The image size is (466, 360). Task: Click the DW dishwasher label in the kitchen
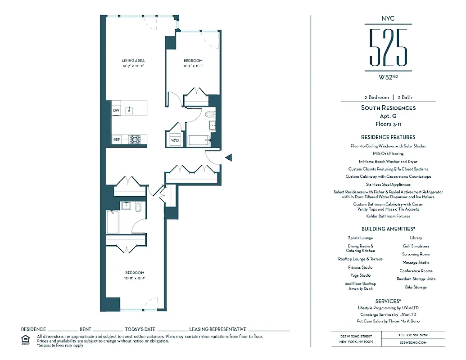pyautogui.click(x=116, y=110)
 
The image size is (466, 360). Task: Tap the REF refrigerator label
pyautogui.click(x=117, y=139)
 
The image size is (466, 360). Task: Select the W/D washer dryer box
pyautogui.click(x=174, y=140)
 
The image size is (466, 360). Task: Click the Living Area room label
pyautogui.click(x=133, y=60)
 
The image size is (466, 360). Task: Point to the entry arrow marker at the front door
pyautogui.click(x=228, y=157)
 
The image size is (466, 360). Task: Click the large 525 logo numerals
pyautogui.click(x=388, y=47)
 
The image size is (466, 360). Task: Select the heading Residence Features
pyautogui.click(x=388, y=137)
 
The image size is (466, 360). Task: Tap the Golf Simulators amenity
pyautogui.click(x=416, y=246)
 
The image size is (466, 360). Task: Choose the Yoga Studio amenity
pyautogui.click(x=360, y=275)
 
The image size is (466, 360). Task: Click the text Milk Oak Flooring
pyautogui.click(x=388, y=153)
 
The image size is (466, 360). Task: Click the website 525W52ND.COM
pyautogui.click(x=412, y=342)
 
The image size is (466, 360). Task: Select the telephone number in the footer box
pyautogui.click(x=412, y=335)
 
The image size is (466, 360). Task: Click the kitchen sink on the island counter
pyautogui.click(x=129, y=109)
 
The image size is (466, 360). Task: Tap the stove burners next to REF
pyautogui.click(x=135, y=139)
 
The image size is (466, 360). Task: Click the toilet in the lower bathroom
pyautogui.click(x=138, y=207)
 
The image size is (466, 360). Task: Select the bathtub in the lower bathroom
pyautogui.click(x=113, y=222)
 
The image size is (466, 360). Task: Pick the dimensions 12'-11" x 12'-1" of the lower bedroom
pyautogui.click(x=135, y=278)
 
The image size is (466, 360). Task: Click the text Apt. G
pyautogui.click(x=388, y=116)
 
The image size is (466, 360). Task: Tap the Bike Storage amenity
pyautogui.click(x=416, y=287)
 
